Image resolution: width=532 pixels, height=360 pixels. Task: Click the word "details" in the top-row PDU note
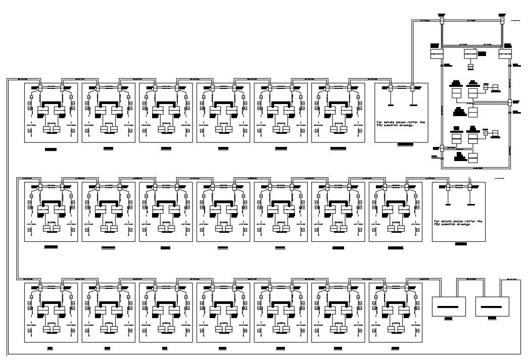pyautogui.click(x=390, y=122)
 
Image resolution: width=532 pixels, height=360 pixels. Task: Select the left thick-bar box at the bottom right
pyautogui.click(x=448, y=306)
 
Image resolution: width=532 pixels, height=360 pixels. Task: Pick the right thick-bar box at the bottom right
pyautogui.click(x=492, y=306)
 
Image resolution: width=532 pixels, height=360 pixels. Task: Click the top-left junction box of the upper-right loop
pyautogui.click(x=441, y=21)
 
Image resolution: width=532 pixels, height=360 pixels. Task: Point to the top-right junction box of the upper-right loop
pyautogui.click(x=501, y=21)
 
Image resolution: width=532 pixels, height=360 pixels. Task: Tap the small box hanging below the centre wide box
pyautogui.click(x=471, y=66)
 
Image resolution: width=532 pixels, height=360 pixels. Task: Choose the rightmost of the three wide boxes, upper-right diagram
pyautogui.click(x=505, y=54)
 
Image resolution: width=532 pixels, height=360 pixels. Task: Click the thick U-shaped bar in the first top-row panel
pyautogui.click(x=51, y=105)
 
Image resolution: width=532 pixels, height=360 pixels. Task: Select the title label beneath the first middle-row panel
pyautogui.click(x=51, y=247)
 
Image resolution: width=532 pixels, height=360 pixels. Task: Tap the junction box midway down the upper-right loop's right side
pyautogui.click(x=510, y=102)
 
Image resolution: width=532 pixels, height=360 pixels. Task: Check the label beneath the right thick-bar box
pyautogui.click(x=492, y=319)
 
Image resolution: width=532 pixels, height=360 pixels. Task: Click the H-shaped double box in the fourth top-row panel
pyautogui.click(x=223, y=129)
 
